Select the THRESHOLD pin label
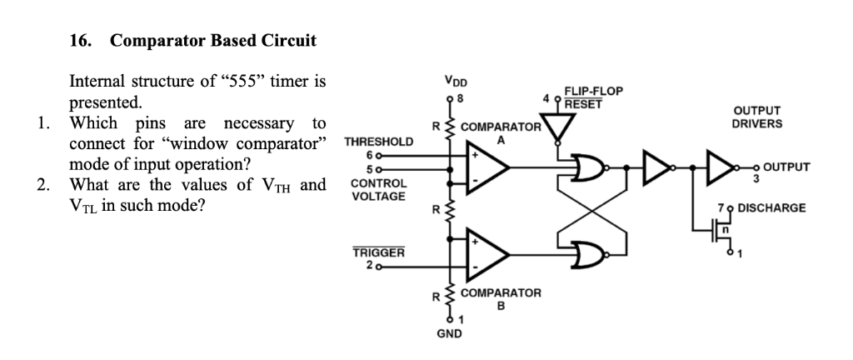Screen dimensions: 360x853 coord(378,142)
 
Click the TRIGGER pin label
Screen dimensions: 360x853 coord(379,252)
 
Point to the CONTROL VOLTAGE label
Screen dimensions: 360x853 coord(379,189)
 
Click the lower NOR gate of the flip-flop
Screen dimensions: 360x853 coord(590,253)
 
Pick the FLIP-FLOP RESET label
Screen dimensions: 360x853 coord(593,97)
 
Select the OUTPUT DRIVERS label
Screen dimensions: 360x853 coord(756,117)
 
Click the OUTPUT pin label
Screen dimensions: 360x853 coord(786,167)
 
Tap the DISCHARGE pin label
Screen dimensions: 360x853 coord(772,207)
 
